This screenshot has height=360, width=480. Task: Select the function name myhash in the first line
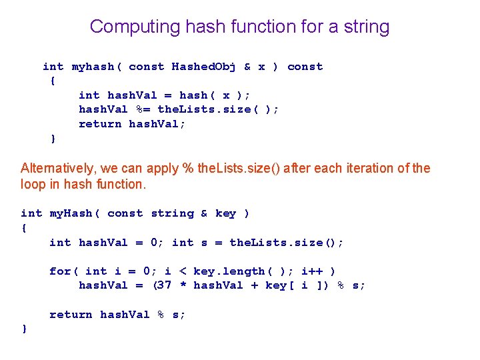(93, 67)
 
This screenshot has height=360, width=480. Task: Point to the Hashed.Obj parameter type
(204, 67)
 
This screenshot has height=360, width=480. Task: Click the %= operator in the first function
(143, 109)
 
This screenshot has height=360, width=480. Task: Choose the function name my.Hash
(71, 213)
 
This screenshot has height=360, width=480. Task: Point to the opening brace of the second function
(25, 228)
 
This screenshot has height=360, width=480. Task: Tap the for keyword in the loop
(60, 271)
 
